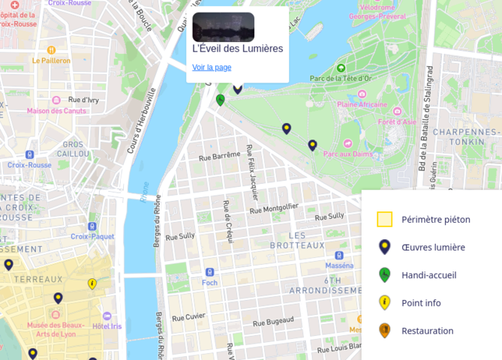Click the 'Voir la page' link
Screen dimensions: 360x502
(x=212, y=67)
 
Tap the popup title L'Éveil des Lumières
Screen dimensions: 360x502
(x=238, y=49)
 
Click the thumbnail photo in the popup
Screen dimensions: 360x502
(x=224, y=27)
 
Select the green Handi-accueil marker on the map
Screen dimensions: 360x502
(x=221, y=100)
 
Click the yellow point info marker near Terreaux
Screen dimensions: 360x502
(x=92, y=283)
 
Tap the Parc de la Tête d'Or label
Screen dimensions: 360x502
(x=341, y=78)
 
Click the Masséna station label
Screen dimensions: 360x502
(x=339, y=265)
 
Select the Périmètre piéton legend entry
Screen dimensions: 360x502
(x=435, y=220)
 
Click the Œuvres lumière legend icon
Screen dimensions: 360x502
(x=385, y=247)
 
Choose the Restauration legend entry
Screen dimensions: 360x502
(x=427, y=331)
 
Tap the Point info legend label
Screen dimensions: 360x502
(x=421, y=303)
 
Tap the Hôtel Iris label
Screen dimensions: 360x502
(x=107, y=326)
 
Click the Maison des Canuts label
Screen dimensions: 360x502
(x=56, y=111)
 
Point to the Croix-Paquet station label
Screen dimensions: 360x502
(x=92, y=236)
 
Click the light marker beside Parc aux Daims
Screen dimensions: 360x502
(x=313, y=145)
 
